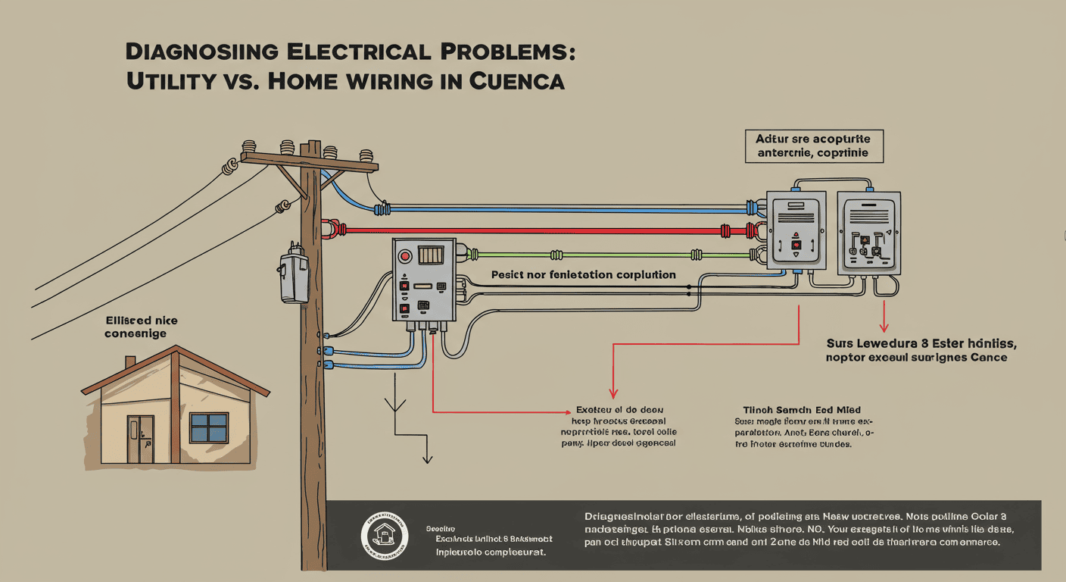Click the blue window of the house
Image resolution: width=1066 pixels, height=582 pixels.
click(209, 427)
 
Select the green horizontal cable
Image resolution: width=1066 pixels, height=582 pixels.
click(606, 255)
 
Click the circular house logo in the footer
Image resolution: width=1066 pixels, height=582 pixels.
click(384, 535)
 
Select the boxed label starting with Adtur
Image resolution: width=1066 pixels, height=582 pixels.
click(812, 145)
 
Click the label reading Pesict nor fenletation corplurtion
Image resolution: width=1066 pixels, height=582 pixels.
click(583, 274)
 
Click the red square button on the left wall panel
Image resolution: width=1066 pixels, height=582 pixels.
click(796, 245)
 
